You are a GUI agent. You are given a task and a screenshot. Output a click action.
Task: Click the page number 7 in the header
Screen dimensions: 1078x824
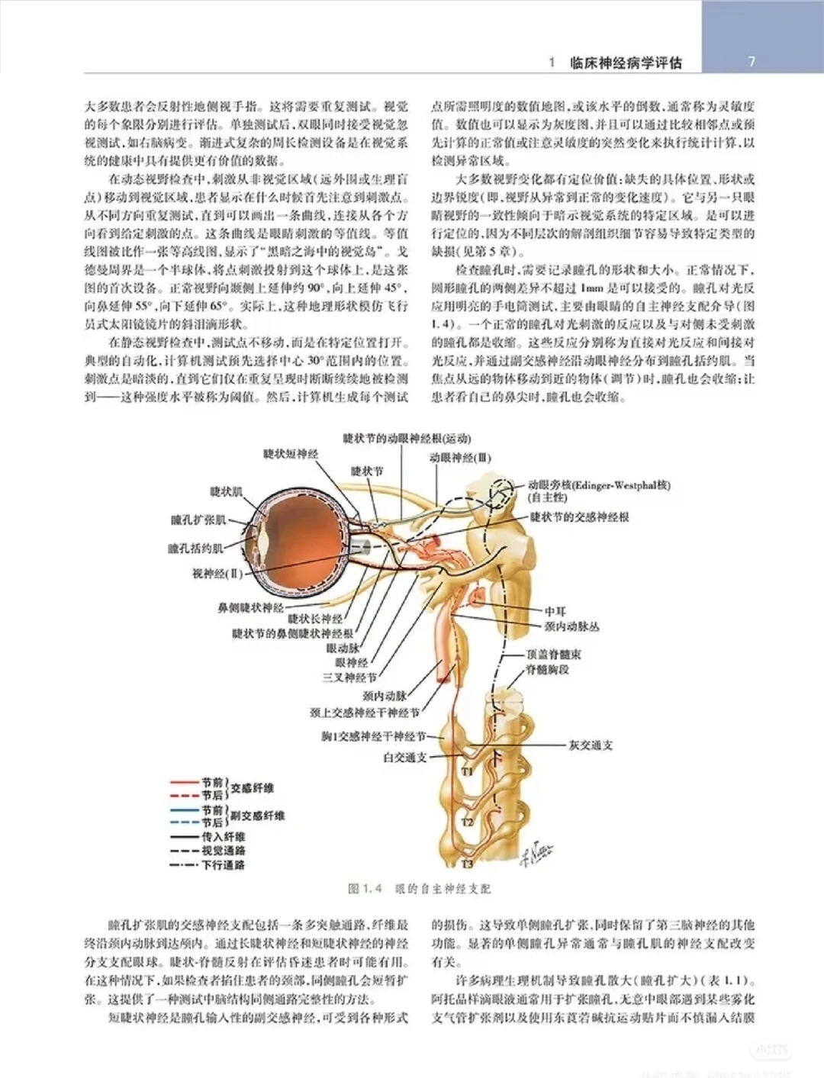(x=752, y=62)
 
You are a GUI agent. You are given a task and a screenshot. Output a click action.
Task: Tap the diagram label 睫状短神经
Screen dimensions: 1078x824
(x=291, y=454)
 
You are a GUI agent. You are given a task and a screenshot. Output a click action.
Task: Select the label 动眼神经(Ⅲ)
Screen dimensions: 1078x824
(x=460, y=458)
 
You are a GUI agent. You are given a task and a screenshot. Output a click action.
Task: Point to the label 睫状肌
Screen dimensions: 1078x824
(x=226, y=492)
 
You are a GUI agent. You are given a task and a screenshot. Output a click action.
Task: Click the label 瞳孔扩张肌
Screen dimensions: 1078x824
(x=198, y=520)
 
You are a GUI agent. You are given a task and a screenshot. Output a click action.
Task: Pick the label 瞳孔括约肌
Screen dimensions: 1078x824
(x=195, y=548)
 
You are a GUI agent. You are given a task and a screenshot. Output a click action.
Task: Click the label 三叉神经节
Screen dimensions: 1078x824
(x=349, y=677)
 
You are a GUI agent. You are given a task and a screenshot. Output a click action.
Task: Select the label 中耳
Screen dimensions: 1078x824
(x=555, y=611)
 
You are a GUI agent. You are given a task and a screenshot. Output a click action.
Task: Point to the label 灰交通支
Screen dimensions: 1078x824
(x=591, y=745)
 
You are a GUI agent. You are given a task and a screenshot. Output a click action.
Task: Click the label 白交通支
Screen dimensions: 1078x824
(x=404, y=758)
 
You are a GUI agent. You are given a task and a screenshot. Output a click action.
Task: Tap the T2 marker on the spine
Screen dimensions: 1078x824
(x=468, y=822)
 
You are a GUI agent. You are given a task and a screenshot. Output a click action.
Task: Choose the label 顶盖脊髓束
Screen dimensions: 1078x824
(x=553, y=655)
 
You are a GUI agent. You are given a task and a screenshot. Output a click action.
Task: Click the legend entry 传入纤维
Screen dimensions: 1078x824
(x=224, y=837)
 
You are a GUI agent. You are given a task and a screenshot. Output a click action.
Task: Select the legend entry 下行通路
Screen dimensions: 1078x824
(x=224, y=865)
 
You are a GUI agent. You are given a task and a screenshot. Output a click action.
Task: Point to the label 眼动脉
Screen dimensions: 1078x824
(x=343, y=648)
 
